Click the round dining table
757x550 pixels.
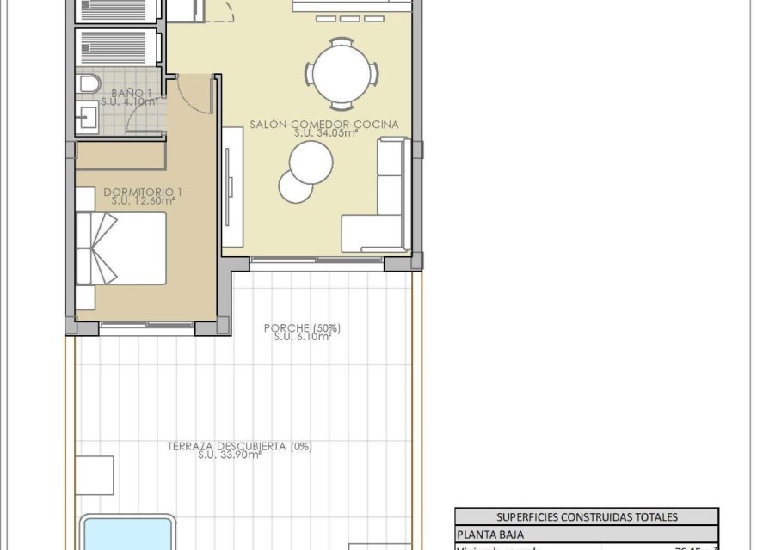pyautogui.click(x=343, y=71)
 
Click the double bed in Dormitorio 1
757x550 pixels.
pyautogui.click(x=120, y=248)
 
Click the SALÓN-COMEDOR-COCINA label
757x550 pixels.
pyautogui.click(x=324, y=124)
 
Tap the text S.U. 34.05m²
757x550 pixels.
pyautogui.click(x=323, y=133)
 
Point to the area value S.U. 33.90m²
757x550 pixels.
pyautogui.click(x=229, y=455)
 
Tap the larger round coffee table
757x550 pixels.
pyautogui.click(x=311, y=161)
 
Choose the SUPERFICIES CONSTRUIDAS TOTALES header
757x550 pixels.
pyautogui.click(x=586, y=516)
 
